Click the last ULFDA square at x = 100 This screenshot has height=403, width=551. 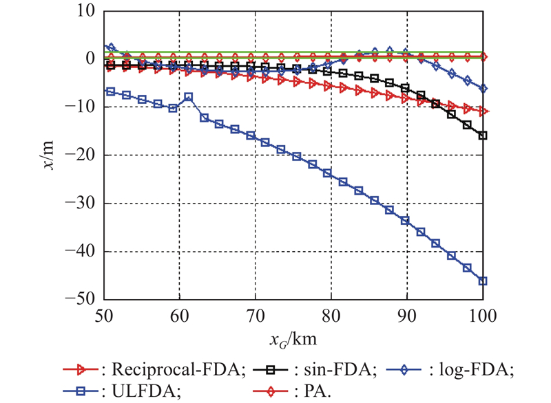(x=483, y=281)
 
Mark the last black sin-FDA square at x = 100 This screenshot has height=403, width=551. (x=483, y=135)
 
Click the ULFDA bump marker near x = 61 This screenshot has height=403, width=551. (x=188, y=97)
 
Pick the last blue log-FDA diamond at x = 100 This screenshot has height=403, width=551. (x=483, y=89)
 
